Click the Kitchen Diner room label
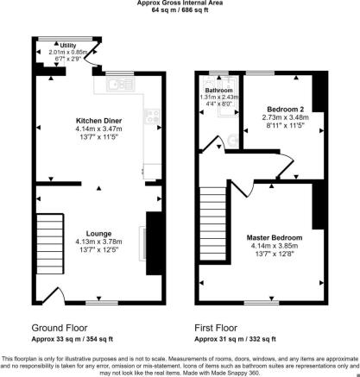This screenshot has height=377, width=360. [x=98, y=121]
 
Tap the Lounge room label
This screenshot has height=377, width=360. [x=98, y=234]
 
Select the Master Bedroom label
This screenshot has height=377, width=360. [x=275, y=237]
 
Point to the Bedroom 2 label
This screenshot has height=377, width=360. [x=286, y=110]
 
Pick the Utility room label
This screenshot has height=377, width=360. [x=68, y=46]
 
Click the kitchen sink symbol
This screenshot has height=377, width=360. [x=120, y=84]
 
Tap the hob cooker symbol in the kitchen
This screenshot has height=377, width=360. [x=152, y=116]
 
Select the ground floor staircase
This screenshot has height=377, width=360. [x=50, y=243]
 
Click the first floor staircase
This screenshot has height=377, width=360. [x=213, y=223]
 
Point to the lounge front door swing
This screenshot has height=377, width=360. [x=54, y=295]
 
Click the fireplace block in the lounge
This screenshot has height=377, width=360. [x=154, y=243]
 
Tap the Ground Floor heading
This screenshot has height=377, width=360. [x=60, y=328]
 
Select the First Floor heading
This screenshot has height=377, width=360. [x=216, y=328]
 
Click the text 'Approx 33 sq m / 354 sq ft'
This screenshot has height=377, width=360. [x=73, y=339]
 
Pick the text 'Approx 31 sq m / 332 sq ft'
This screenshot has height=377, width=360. [x=235, y=339]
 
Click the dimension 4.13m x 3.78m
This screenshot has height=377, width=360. [x=98, y=242]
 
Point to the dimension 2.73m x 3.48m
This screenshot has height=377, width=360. [x=286, y=117]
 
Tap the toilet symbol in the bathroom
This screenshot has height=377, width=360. [x=233, y=141]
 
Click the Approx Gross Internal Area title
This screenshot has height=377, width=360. [x=180, y=3]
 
